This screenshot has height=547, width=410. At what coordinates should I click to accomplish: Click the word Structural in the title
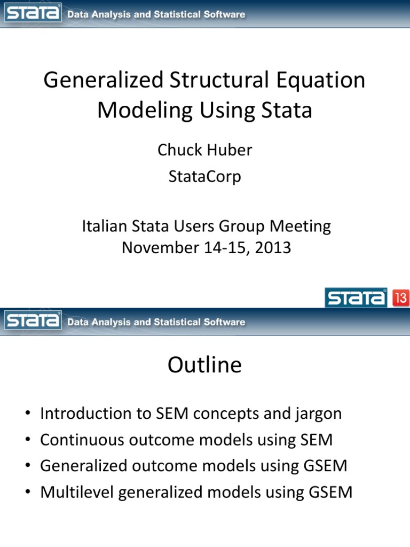click(x=219, y=81)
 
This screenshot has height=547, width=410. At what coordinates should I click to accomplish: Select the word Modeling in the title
click(x=145, y=111)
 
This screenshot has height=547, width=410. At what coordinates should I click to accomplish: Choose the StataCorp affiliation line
click(x=204, y=176)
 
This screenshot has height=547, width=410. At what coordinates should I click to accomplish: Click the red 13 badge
click(x=401, y=298)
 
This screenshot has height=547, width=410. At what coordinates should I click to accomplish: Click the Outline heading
click(x=204, y=365)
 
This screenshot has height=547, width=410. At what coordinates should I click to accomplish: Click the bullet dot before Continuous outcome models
click(x=27, y=440)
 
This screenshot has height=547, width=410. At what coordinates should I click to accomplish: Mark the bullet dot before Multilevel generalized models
click(x=27, y=492)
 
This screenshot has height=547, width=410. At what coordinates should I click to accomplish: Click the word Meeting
click(x=299, y=226)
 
